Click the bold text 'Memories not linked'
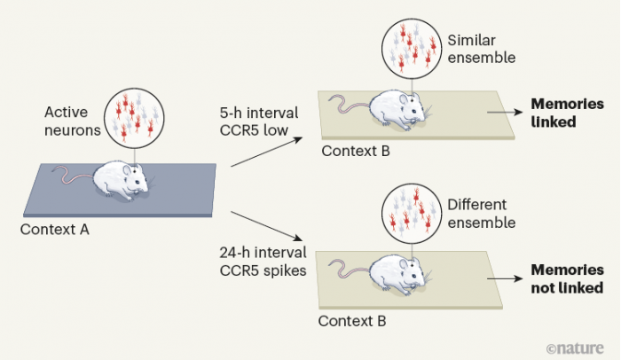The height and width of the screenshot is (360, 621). pos(566,279)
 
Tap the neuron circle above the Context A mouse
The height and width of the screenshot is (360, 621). pos(132,114)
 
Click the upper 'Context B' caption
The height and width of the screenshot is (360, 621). pos(355,150)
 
